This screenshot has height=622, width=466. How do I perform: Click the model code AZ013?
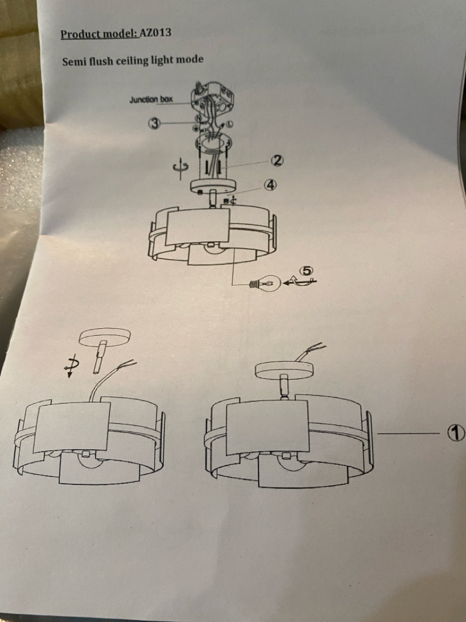click(x=155, y=32)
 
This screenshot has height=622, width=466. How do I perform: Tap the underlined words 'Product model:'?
click(x=100, y=34)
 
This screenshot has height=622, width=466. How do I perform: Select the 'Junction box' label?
click(x=151, y=99)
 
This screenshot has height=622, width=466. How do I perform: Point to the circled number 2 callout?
click(x=277, y=160)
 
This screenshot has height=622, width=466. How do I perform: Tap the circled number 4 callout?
click(x=270, y=185)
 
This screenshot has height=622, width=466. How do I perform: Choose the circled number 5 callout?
click(x=307, y=271)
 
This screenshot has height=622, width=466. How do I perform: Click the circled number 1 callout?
click(x=456, y=433)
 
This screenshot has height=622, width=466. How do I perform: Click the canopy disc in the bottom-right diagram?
click(x=284, y=369)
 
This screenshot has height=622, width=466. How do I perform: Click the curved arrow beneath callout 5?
click(x=300, y=281)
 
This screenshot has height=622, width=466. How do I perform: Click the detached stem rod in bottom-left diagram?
click(x=100, y=356)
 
